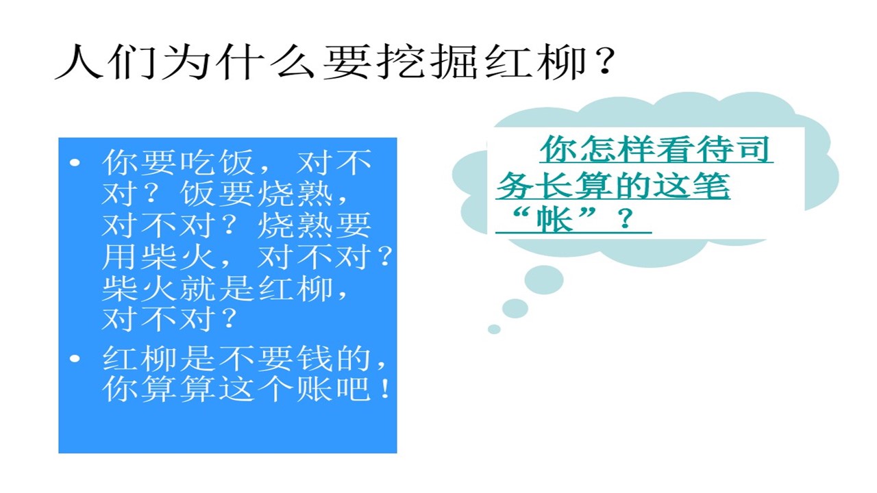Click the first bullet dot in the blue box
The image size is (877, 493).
point(75,162)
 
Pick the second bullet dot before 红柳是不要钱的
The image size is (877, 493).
point(75,358)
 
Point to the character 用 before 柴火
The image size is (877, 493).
point(119,256)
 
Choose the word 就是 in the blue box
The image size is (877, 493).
point(217,288)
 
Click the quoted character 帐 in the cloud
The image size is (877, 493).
point(555,220)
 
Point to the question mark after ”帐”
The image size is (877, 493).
point(626,218)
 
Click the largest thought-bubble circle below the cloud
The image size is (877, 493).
point(544,279)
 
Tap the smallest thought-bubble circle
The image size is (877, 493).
point(494,329)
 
